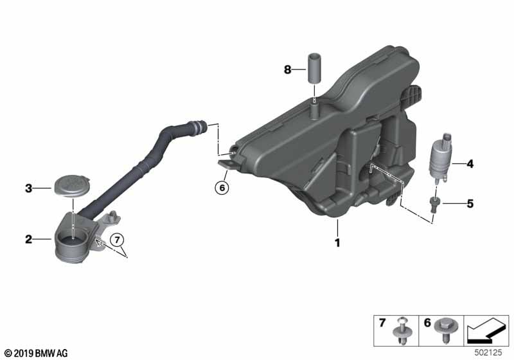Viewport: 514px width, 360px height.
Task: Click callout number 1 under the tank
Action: (x=337, y=243)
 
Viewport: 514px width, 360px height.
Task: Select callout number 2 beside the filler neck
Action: (x=29, y=240)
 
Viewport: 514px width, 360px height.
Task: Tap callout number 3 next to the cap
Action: (x=29, y=188)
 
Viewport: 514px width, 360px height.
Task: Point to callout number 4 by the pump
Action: (x=470, y=164)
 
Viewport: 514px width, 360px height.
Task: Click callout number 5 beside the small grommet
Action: (x=470, y=204)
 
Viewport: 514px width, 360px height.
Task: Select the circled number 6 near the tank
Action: (x=222, y=188)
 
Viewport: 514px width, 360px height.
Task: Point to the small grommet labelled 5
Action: (x=435, y=204)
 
